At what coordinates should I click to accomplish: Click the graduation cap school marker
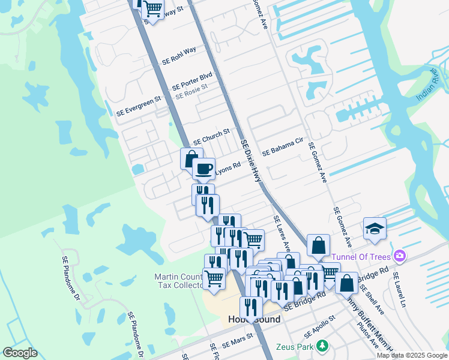coord(375,229)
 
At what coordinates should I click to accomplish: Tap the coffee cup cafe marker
coord(204,169)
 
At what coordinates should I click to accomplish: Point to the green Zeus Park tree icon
coord(322,346)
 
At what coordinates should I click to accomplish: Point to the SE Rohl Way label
coord(179,55)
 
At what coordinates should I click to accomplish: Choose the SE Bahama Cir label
coord(282,149)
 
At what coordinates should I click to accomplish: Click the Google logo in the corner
coord(20,352)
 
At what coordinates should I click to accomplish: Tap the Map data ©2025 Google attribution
coord(412,355)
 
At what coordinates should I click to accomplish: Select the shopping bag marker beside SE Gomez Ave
coord(318,245)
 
